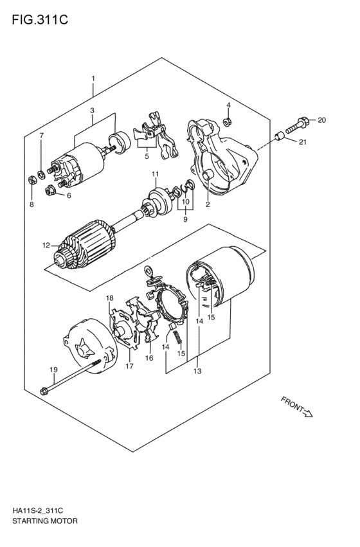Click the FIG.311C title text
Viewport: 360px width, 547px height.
[40, 20]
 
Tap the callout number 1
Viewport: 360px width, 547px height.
[93, 79]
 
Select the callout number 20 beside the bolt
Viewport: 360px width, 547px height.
[321, 120]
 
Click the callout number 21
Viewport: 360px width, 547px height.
[302, 141]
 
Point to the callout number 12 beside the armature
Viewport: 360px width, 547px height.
[46, 246]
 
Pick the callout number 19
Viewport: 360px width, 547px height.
[53, 370]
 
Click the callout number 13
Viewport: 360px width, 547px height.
[197, 371]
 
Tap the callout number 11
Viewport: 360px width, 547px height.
[155, 174]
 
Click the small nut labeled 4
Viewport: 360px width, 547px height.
[228, 121]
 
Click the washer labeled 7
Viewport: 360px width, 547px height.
[41, 173]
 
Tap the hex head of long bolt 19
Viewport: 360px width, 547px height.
[44, 391]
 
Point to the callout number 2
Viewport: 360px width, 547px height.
[208, 204]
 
